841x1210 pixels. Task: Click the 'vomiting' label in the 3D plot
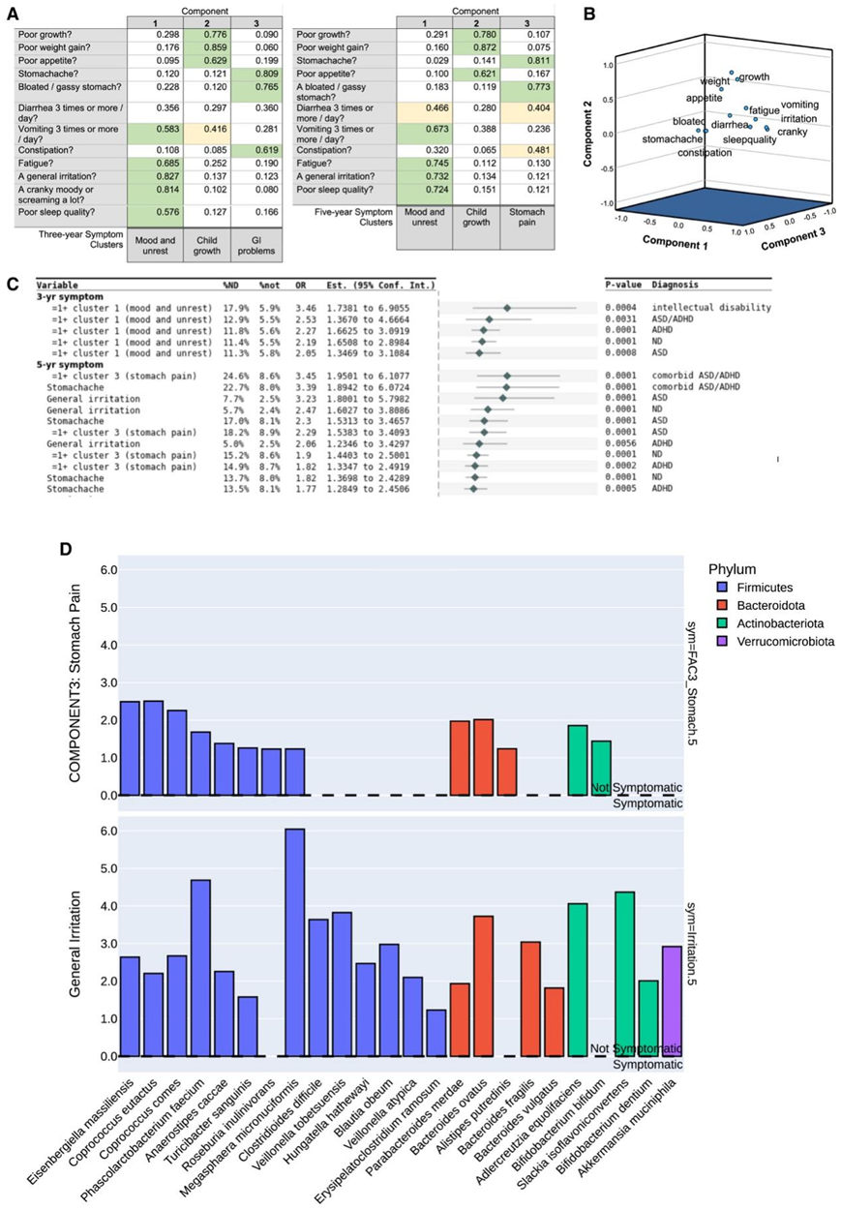click(x=799, y=105)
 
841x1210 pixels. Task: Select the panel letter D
click(x=66, y=549)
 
